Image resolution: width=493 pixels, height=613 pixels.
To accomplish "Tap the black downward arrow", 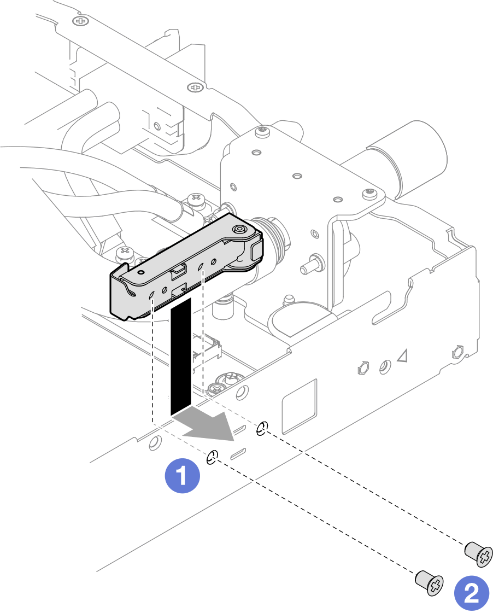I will click(x=181, y=355).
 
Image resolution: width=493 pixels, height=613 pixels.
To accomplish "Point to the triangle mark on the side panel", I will click(x=403, y=357).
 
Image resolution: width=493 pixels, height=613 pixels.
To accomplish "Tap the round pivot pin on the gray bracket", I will click(x=239, y=230).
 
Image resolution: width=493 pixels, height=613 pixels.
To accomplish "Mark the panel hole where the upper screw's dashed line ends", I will click(x=262, y=428).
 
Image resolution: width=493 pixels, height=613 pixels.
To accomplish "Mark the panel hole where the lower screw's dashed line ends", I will click(x=213, y=457).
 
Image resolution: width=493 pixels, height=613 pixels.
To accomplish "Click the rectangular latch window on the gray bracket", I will click(x=178, y=270).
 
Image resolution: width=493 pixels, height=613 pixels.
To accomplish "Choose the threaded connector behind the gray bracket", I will click(x=276, y=240).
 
